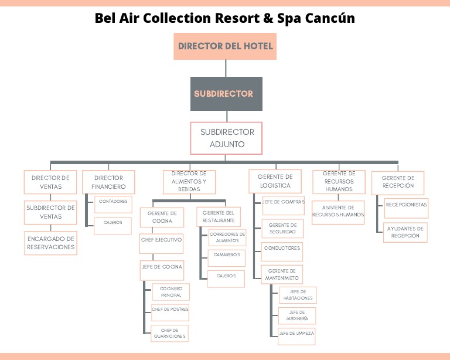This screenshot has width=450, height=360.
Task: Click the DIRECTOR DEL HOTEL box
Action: pyautogui.click(x=225, y=46)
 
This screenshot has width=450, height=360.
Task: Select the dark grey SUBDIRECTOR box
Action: pyautogui.click(x=225, y=94)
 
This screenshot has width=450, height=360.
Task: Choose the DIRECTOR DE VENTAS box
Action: pyautogui.click(x=50, y=182)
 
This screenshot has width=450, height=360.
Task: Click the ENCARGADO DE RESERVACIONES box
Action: pyautogui.click(x=50, y=243)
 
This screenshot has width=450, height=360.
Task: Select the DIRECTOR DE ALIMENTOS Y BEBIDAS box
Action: pyautogui.click(x=189, y=182)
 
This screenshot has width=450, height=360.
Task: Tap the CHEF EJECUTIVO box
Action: pyautogui.click(x=162, y=240)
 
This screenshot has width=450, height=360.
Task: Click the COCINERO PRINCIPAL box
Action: pyautogui.click(x=170, y=292)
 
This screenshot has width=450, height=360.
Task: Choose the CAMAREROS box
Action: pyautogui.click(x=226, y=256)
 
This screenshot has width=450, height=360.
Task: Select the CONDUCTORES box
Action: pyautogui.click(x=282, y=249)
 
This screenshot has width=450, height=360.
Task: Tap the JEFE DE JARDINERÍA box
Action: pyautogui.click(x=298, y=315)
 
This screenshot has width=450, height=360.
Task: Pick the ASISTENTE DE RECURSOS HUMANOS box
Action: pyautogui.click(x=337, y=211)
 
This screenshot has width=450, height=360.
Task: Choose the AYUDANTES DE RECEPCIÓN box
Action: pyautogui.click(x=406, y=232)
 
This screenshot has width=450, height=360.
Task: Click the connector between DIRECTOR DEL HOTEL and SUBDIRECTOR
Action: pyautogui.click(x=225, y=68)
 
